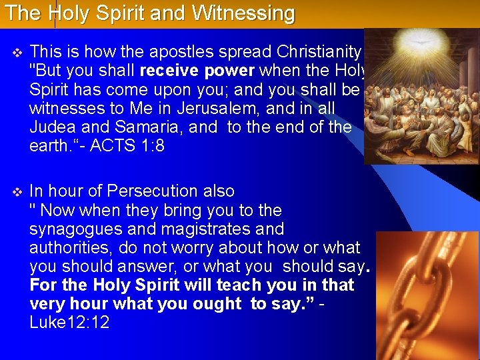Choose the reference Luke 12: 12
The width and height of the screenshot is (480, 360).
click(69, 323)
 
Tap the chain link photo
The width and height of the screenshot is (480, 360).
click(427, 293)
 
